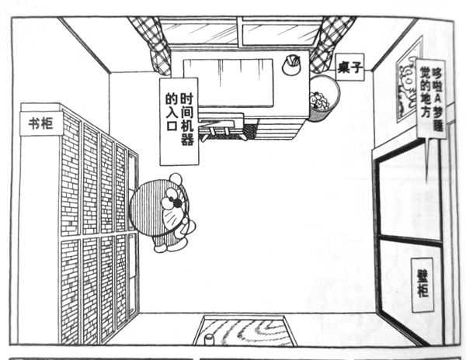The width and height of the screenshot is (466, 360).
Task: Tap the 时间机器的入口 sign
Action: [x=179, y=121]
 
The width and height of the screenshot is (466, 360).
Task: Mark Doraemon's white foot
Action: [x=165, y=246]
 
